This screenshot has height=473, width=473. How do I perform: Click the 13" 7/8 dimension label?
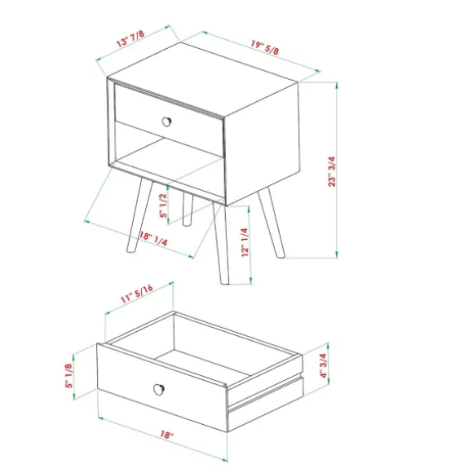pyautogui.click(x=130, y=38)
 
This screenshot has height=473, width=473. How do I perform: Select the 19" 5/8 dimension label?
pyautogui.click(x=265, y=47)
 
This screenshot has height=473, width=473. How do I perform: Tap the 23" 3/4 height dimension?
pyautogui.click(x=332, y=171)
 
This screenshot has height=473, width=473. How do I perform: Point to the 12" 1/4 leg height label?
pyautogui.click(x=245, y=242)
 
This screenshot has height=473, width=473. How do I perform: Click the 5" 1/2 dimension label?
pyautogui.click(x=163, y=206)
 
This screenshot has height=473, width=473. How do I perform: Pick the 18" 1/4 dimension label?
pyautogui.click(x=153, y=238)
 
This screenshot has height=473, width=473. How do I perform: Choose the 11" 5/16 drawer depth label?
pyautogui.click(x=137, y=294)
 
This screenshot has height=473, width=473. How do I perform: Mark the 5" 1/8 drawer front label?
pyautogui.click(x=69, y=376)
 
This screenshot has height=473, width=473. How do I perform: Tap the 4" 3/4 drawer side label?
pyautogui.click(x=323, y=365)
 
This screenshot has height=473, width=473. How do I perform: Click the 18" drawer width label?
pyautogui.click(x=166, y=435)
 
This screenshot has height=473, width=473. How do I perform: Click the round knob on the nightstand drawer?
pyautogui.click(x=166, y=122)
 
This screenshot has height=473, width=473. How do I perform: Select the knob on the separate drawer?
pyautogui.click(x=159, y=389)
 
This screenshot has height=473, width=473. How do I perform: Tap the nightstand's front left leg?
pyautogui.click(x=139, y=214)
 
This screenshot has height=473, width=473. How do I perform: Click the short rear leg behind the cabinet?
pyautogui.click(x=188, y=210)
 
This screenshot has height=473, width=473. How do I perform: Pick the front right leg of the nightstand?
pyautogui.click(x=220, y=243)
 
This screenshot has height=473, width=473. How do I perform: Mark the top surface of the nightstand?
pyautogui.click(x=203, y=79)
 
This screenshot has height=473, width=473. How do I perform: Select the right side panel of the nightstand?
pyautogui.click(x=263, y=144)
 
